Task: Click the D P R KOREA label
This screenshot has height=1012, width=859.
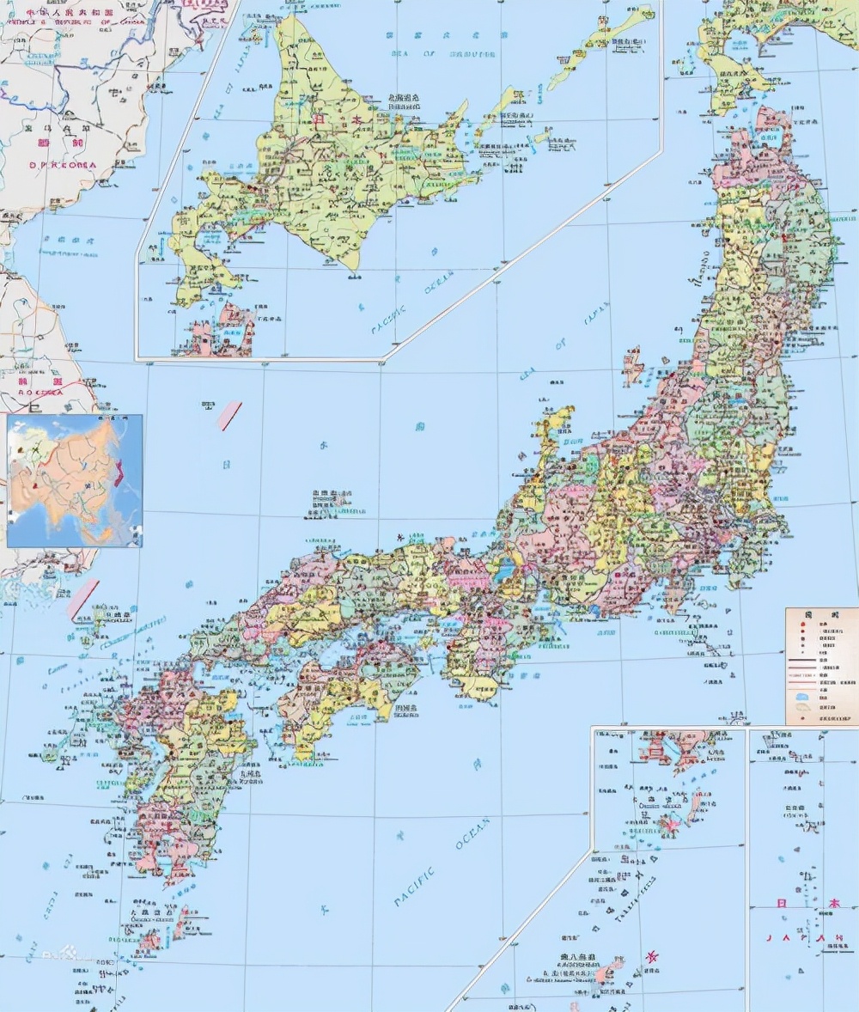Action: [63, 165]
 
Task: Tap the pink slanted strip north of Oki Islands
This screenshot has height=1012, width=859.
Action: [229, 416]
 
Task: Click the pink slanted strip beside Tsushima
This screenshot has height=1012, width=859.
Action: [83, 599]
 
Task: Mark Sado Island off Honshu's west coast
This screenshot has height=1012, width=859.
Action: [634, 364]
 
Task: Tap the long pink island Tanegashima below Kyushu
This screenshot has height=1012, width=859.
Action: [182, 921]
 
